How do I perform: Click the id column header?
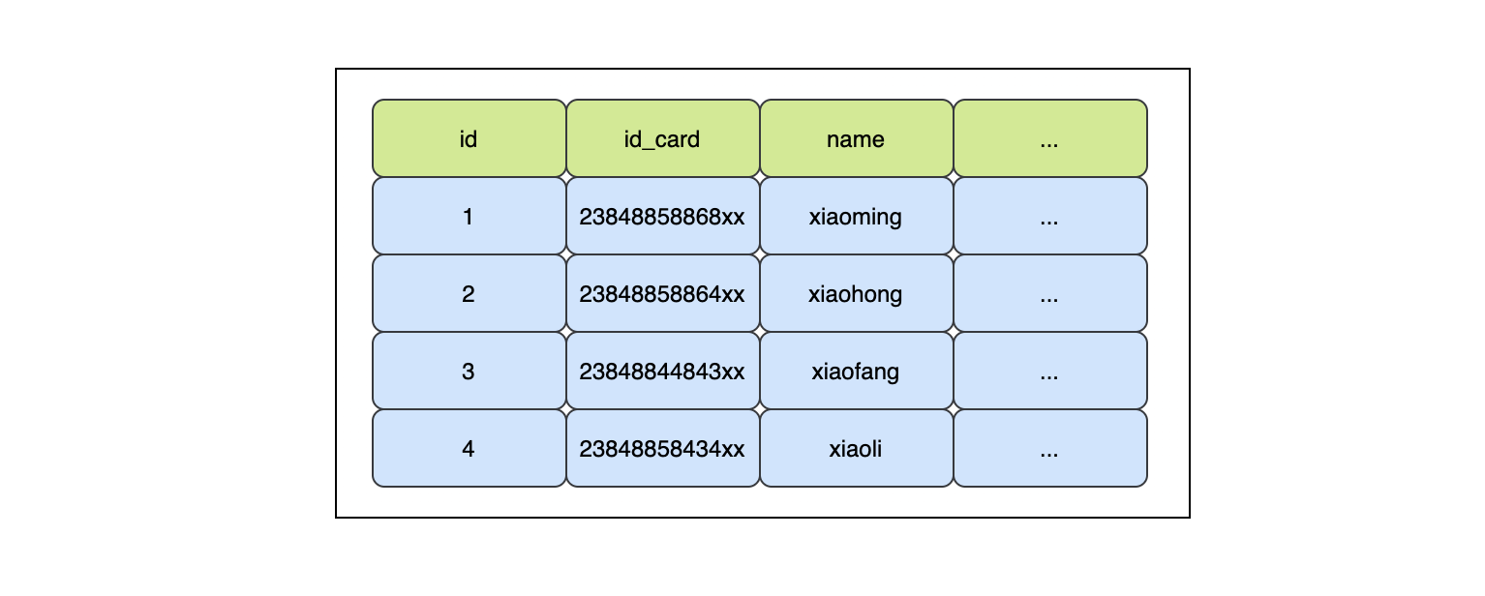pyautogui.click(x=469, y=138)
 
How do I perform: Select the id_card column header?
pyautogui.click(x=662, y=138)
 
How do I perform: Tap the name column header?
pyautogui.click(x=856, y=138)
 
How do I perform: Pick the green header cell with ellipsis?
pyautogui.click(x=1049, y=138)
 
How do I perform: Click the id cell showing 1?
pyautogui.click(x=469, y=216)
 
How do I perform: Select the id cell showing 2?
pyautogui.click(x=469, y=293)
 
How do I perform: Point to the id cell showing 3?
pyautogui.click(x=469, y=371)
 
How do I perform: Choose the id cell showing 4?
pyautogui.click(x=469, y=448)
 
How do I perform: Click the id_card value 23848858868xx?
pyautogui.click(x=662, y=216)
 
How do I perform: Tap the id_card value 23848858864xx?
pyautogui.click(x=662, y=293)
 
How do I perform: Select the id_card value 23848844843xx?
pyautogui.click(x=662, y=371)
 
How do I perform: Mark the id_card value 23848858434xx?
pyautogui.click(x=662, y=448)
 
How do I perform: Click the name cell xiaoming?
pyautogui.click(x=856, y=216)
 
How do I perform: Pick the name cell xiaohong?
pyautogui.click(x=856, y=293)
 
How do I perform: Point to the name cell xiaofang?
pyautogui.click(x=856, y=371)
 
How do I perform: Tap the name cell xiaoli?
pyautogui.click(x=856, y=448)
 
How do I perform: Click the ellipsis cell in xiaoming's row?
pyautogui.click(x=1049, y=216)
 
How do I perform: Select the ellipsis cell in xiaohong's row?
pyautogui.click(x=1049, y=293)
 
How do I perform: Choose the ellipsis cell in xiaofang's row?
pyautogui.click(x=1049, y=371)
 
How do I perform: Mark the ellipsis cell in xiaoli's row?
pyautogui.click(x=1049, y=448)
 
